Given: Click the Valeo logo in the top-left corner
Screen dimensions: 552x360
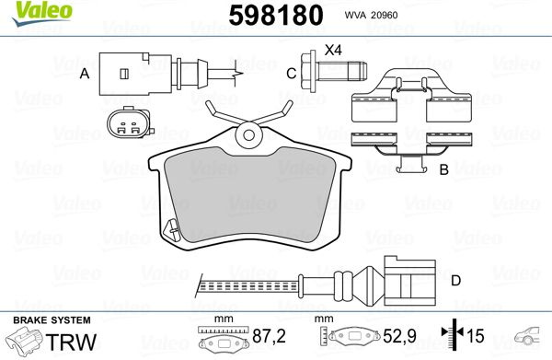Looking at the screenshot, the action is click(42, 13).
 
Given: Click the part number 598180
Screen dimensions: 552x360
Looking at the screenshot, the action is click(276, 15).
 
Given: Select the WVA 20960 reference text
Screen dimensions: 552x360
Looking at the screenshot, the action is click(371, 15).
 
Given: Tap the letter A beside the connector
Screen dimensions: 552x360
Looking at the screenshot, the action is click(85, 74).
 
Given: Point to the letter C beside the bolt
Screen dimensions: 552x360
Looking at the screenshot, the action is click(291, 74).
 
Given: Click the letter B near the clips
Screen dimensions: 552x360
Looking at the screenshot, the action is click(444, 169).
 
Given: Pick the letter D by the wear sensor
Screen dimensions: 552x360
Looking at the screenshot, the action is click(456, 281).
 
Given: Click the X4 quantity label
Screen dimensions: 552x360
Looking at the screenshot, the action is click(333, 51).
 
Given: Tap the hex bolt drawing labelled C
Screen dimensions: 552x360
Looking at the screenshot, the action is click(334, 71).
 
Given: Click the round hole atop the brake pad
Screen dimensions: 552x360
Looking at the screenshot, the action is click(249, 135).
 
